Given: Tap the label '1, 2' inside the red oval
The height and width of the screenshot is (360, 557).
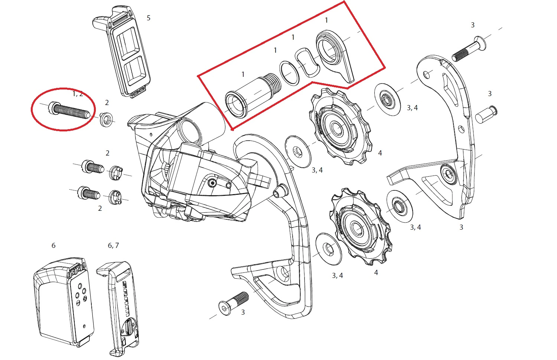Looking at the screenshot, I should [x=78, y=94].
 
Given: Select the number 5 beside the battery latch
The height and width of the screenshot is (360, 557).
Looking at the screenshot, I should [x=149, y=18].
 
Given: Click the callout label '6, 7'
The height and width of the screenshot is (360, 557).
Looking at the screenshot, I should [x=113, y=245].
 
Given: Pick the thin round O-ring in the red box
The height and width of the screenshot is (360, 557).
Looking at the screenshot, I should [x=289, y=73].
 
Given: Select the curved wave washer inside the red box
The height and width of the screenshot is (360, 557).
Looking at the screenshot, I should [x=307, y=62].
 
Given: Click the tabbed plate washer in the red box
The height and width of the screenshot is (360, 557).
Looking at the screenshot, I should [x=334, y=54].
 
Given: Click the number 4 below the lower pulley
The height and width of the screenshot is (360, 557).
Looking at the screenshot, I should [x=376, y=273].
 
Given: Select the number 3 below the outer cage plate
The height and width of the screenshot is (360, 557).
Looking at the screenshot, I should [x=461, y=227].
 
